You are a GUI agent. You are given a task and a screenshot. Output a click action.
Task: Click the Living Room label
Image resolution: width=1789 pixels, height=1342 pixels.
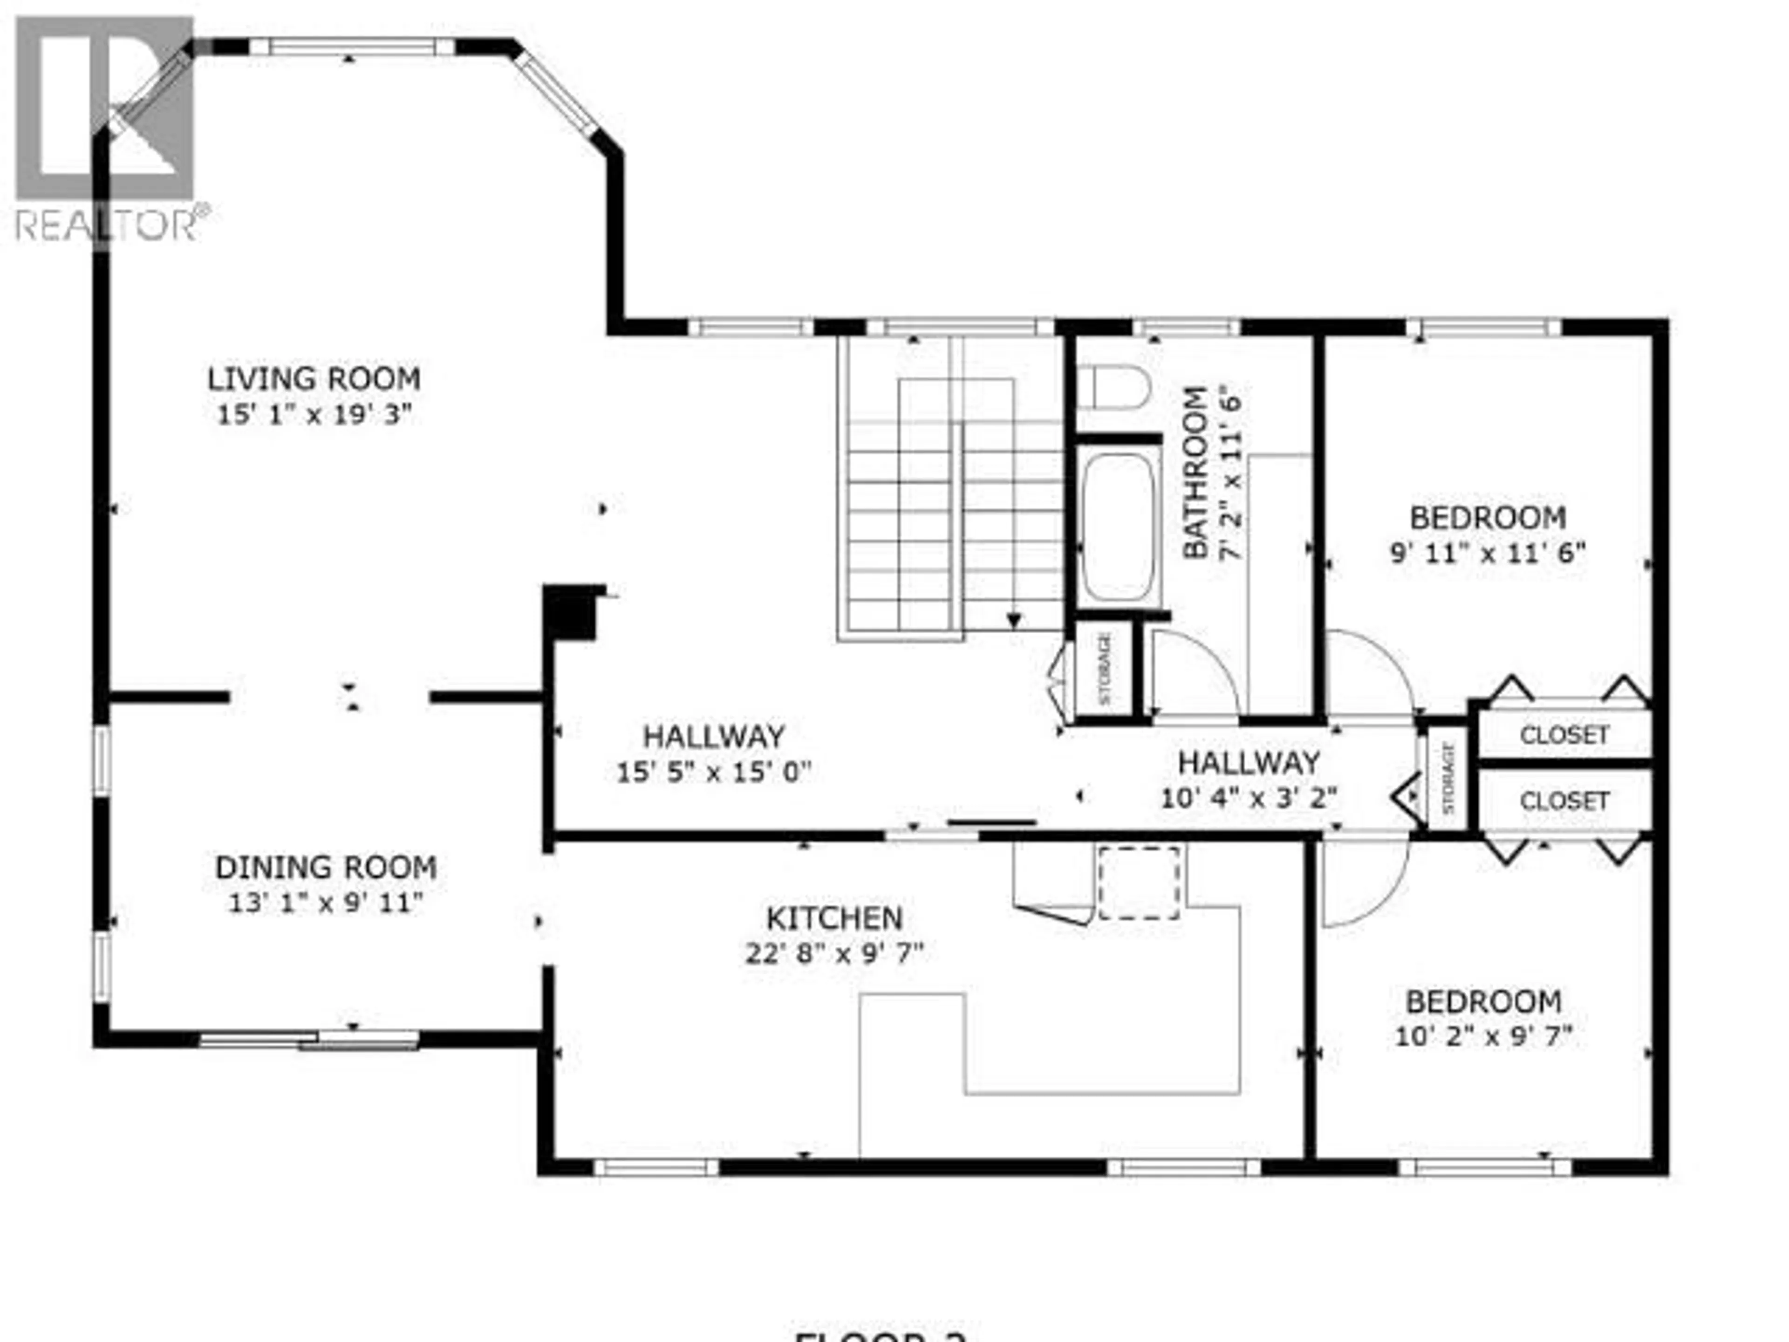(x=314, y=378)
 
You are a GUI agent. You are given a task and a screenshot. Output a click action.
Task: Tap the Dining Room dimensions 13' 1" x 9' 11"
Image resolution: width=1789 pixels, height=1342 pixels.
(x=326, y=903)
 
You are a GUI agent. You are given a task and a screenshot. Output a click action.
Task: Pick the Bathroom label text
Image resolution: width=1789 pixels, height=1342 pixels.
(x=1195, y=473)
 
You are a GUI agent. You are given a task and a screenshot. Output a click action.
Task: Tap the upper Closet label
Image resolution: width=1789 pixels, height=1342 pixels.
(x=1564, y=734)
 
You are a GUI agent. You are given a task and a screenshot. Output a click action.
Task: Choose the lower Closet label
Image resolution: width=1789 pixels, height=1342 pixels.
(x=1564, y=801)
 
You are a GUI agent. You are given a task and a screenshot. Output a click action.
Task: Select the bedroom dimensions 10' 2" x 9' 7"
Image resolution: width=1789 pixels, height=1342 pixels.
(x=1483, y=1036)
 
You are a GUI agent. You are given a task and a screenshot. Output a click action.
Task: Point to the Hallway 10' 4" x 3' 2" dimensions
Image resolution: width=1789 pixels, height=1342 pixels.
(x=1249, y=798)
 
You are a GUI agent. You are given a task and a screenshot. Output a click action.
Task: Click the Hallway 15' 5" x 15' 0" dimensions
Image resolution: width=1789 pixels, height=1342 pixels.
(x=713, y=773)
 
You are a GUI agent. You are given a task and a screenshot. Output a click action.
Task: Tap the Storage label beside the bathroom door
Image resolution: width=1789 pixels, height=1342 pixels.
(x=1105, y=668)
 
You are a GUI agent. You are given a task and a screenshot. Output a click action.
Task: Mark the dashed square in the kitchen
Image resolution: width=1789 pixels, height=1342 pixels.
(x=1139, y=883)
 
